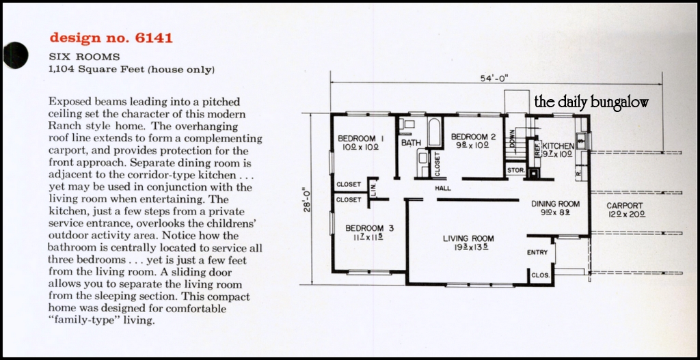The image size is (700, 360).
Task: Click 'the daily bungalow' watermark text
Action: point(591,102)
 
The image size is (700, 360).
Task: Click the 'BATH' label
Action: point(411,143)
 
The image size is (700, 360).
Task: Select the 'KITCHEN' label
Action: point(558,146)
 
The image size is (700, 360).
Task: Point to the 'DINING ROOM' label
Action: point(555,204)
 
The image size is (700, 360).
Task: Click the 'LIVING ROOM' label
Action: point(468,238)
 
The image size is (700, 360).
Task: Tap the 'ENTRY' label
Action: point(537,252)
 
